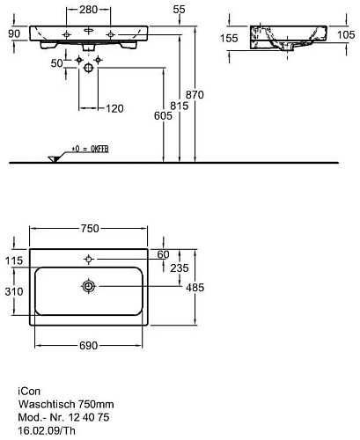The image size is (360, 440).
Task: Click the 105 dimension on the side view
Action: pos(345,34)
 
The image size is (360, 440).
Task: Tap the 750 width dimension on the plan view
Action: pos(90,227)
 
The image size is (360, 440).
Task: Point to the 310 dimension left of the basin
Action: pos(13,291)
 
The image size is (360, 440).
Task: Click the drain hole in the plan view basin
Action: pos(89,286)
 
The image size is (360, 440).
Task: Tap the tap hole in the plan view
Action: pos(89,259)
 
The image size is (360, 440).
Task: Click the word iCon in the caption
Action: pos(27,388)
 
